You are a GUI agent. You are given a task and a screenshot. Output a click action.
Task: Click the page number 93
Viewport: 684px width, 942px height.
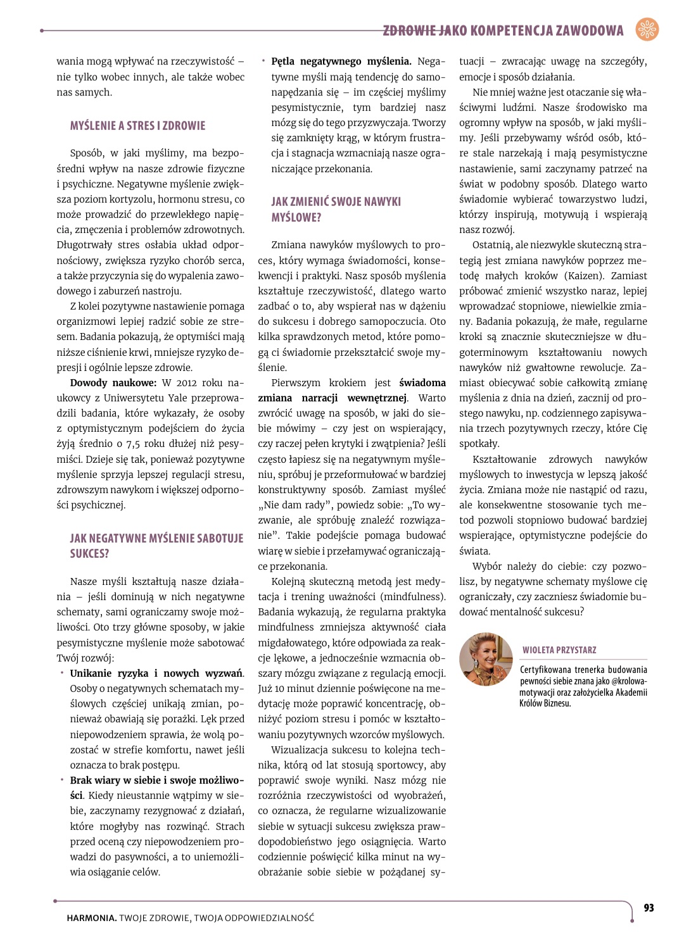(x=649, y=908)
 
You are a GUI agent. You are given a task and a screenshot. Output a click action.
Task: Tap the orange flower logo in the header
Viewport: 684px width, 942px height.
(x=647, y=30)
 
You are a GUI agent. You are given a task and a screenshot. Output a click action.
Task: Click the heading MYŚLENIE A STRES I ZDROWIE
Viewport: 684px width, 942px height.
(x=137, y=126)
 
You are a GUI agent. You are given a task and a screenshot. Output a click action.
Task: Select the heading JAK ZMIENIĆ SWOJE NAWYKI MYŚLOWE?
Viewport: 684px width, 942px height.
(x=336, y=210)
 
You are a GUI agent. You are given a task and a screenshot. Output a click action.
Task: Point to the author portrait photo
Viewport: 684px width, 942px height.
(x=486, y=659)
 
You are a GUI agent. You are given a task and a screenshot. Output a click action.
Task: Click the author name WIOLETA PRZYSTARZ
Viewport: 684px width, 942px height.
(x=559, y=650)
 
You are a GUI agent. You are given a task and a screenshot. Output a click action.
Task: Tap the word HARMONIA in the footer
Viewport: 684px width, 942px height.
(x=91, y=918)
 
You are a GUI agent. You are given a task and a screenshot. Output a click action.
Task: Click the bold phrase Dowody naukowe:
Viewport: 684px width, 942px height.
(x=113, y=383)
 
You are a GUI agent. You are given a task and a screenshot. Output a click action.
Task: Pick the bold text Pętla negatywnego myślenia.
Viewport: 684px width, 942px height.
(x=341, y=61)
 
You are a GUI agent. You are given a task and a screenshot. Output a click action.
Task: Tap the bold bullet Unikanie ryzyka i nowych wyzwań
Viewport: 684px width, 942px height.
(x=156, y=674)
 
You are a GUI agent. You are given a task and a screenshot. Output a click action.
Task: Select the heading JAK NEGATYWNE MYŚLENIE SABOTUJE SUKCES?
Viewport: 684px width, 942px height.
(x=156, y=546)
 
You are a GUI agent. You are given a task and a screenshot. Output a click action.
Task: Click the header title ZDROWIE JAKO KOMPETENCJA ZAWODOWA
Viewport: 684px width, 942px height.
(x=503, y=30)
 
